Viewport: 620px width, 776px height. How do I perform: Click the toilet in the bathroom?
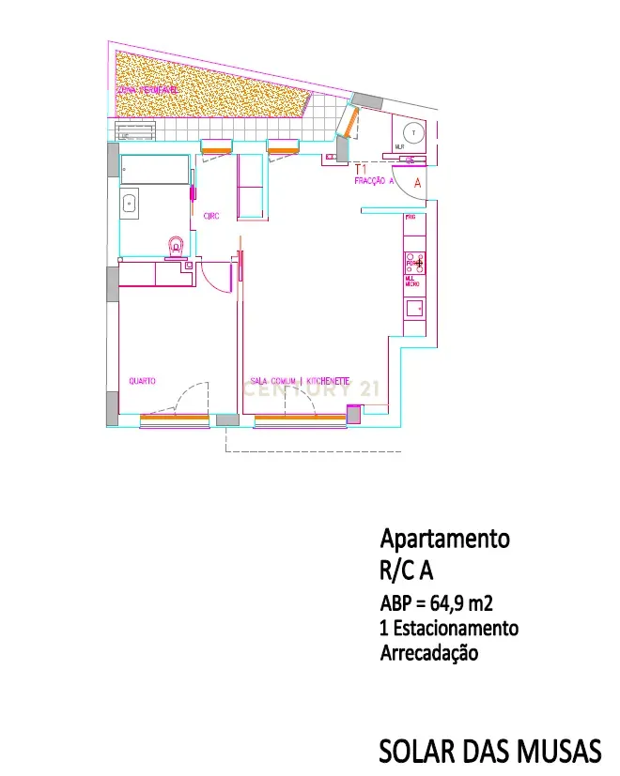point(175,247)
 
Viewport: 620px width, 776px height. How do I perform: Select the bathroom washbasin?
point(130,203)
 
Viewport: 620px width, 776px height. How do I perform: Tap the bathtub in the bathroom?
point(154,170)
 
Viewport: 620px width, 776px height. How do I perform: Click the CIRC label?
point(211,217)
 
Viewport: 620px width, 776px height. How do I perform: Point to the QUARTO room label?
point(142,381)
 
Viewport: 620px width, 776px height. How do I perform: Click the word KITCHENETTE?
point(328,381)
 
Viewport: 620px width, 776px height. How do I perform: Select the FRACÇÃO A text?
point(374,181)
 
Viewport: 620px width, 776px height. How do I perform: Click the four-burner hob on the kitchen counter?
point(414,264)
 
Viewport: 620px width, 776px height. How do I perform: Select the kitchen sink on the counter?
point(414,307)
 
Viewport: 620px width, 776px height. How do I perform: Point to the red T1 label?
point(360,170)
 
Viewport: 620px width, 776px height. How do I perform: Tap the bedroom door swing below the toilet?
point(216,277)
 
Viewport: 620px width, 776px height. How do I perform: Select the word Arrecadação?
point(428,652)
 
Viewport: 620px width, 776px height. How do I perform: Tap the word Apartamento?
point(444,540)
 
